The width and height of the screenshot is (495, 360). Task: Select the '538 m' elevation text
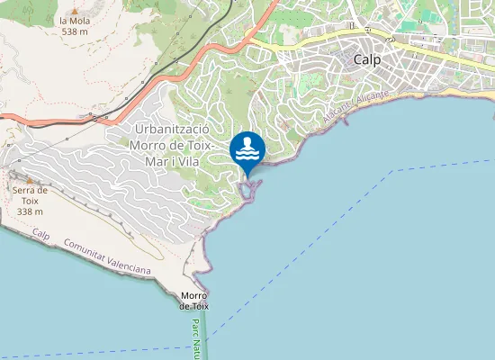(75, 31)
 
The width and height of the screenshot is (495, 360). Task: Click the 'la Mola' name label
(75, 20)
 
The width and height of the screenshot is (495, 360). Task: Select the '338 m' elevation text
(30, 211)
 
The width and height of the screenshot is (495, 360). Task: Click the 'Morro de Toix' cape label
(194, 301)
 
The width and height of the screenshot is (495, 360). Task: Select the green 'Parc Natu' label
(195, 338)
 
